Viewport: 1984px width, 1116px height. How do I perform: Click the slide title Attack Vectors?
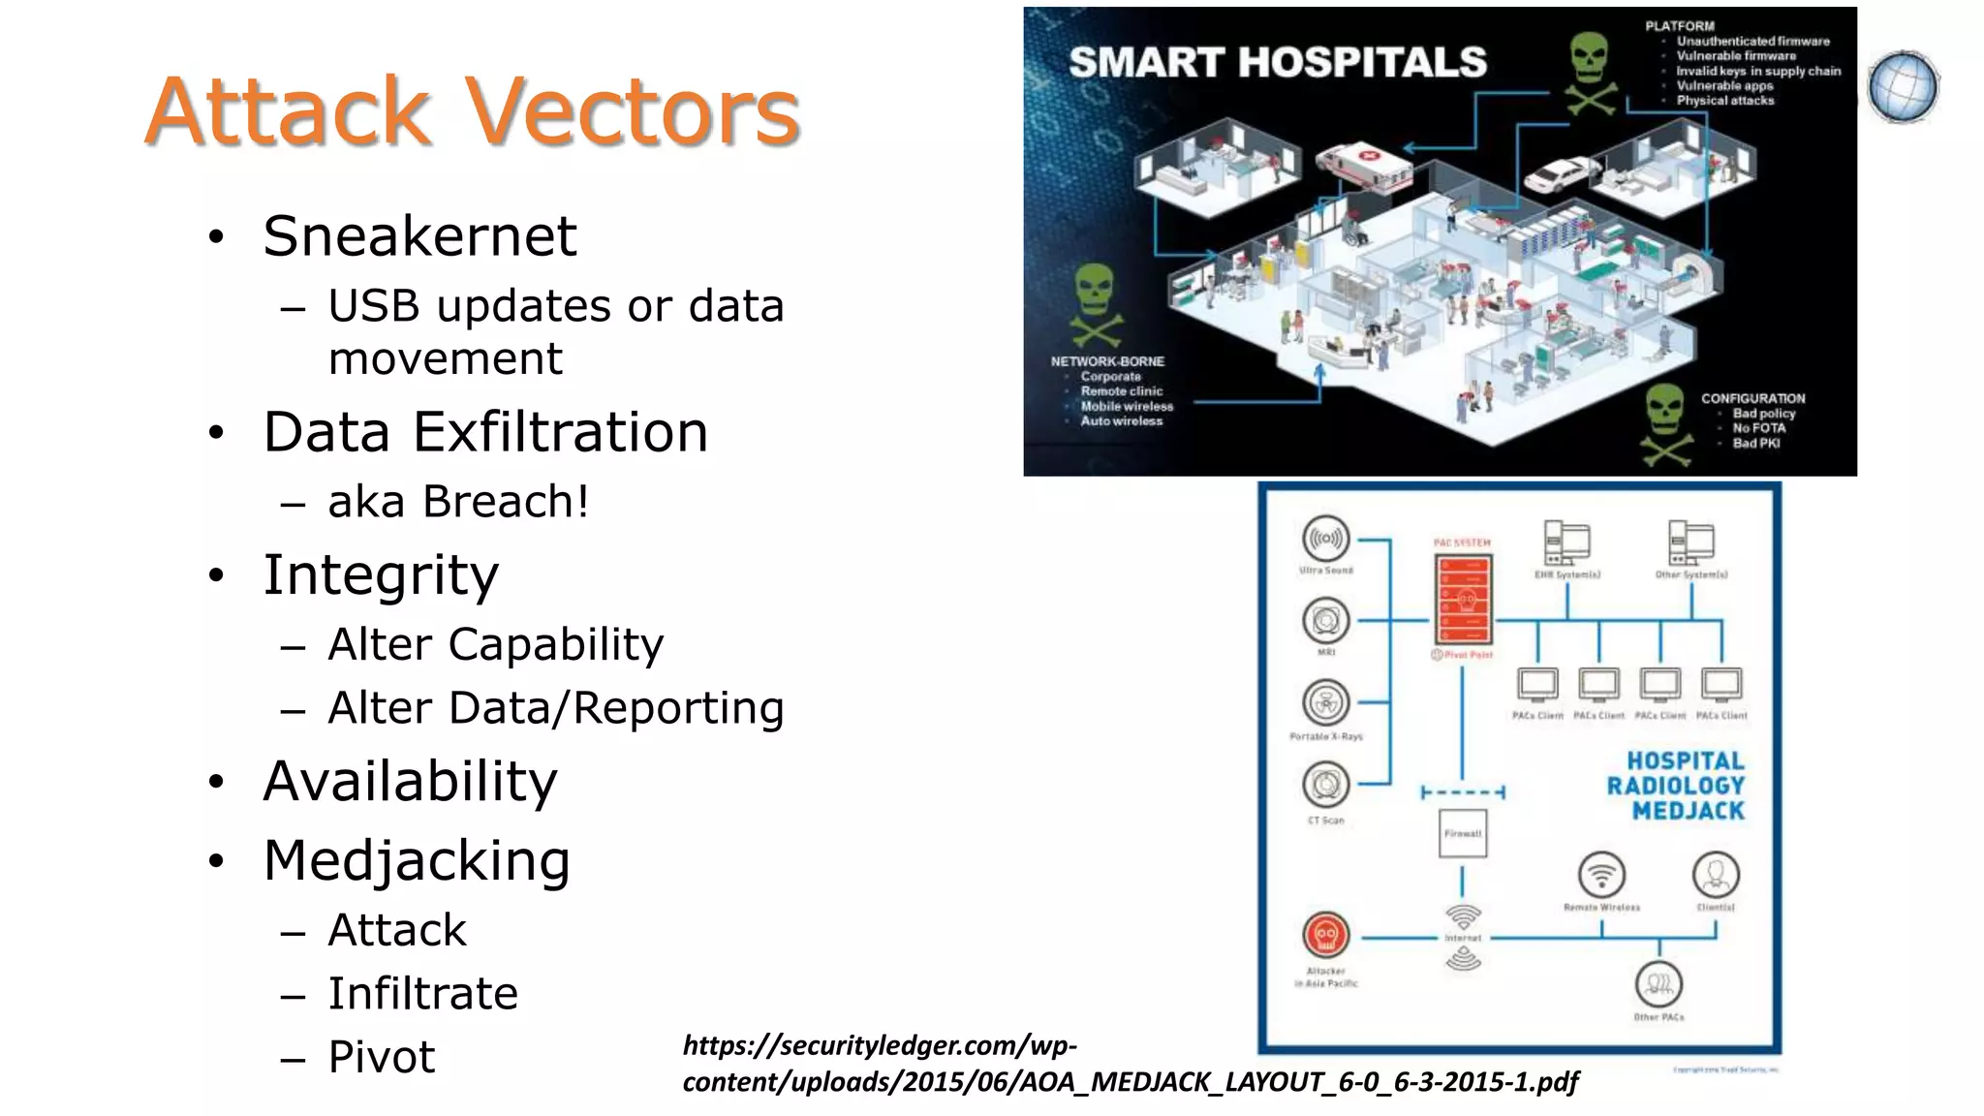(472, 111)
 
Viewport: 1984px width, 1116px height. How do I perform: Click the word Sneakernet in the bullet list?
(419, 236)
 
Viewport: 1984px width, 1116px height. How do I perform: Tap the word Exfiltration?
(561, 432)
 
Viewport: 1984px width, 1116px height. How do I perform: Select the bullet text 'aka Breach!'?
(458, 502)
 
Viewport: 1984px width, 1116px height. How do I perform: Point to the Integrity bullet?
(381, 574)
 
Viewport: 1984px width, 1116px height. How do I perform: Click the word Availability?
(410, 781)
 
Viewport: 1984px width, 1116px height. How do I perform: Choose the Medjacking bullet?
(417, 860)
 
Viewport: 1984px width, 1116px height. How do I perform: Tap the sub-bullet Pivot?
(382, 1057)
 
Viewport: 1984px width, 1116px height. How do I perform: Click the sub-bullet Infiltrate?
(422, 994)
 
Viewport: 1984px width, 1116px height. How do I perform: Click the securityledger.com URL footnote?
(1130, 1064)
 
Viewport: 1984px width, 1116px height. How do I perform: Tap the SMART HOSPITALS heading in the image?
(1277, 63)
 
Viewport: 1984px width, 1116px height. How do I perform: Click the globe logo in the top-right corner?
(1903, 87)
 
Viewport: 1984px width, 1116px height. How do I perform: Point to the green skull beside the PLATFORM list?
(1590, 71)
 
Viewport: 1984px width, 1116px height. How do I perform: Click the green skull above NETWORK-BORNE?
(1096, 301)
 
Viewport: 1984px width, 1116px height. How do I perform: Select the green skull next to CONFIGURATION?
(1665, 422)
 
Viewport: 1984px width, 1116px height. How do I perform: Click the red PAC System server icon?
(1463, 599)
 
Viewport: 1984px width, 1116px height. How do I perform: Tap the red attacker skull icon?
(1325, 936)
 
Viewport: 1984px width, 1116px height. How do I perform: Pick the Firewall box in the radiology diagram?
(1463, 834)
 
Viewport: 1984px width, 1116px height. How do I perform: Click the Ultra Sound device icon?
(1326, 539)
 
